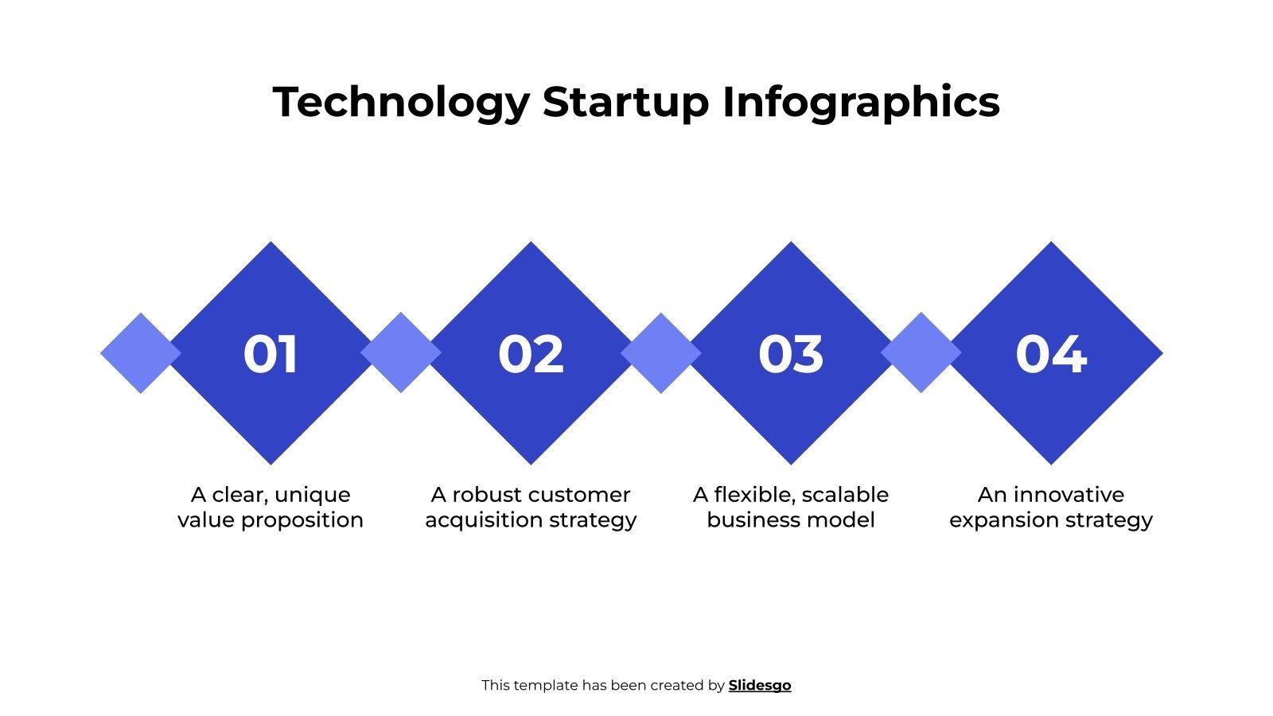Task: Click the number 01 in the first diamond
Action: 271,354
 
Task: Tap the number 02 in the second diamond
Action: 531,354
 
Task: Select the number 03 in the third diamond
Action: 791,354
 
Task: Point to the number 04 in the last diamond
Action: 1051,354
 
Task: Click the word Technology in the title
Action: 401,103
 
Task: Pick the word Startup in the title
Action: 625,103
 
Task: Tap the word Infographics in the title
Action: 861,103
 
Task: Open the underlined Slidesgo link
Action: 760,686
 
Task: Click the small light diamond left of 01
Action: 140,353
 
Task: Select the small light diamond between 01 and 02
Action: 401,352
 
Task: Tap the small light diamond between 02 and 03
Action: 661,353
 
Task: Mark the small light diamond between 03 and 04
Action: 921,352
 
